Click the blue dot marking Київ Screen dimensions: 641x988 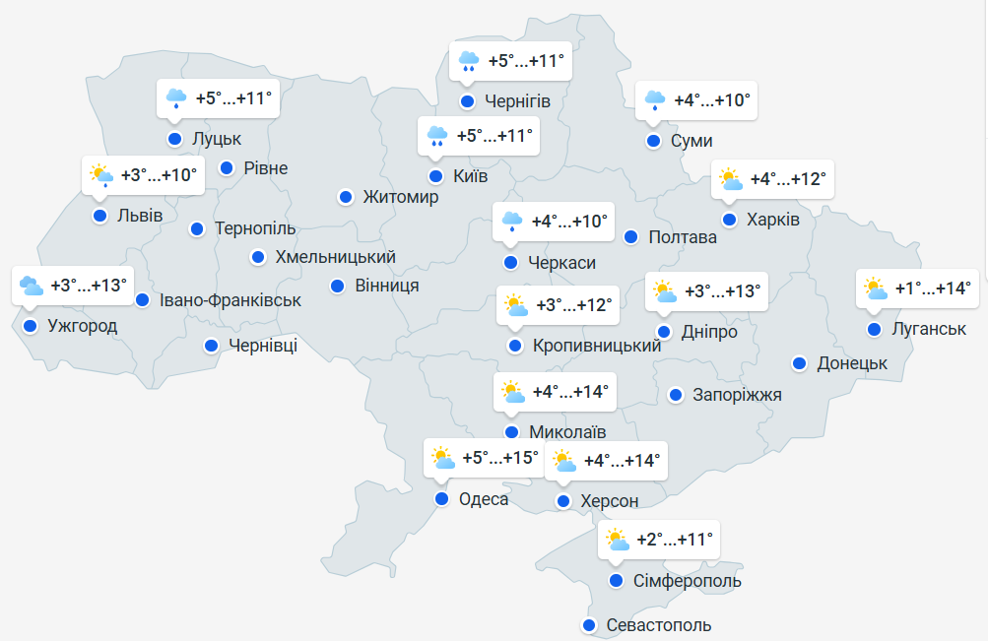pos(435,177)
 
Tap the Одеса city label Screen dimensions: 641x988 pos(484,499)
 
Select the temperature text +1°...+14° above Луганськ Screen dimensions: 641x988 pos(932,288)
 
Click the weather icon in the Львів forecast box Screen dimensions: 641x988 pos(101,175)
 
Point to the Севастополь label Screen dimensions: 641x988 pos(658,625)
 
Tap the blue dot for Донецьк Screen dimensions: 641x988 pos(800,363)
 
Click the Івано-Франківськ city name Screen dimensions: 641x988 pos(231,299)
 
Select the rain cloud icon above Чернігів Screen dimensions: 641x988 pos(469,62)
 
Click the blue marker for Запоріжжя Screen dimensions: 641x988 pos(676,395)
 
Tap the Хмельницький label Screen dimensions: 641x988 pos(335,257)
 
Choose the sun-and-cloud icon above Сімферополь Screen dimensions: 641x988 pos(617,540)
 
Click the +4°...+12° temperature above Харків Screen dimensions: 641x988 pos(787,180)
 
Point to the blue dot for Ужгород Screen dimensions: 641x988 pos(30,326)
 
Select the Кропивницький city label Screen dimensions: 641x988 pos(596,346)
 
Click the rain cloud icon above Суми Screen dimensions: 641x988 pos(654,100)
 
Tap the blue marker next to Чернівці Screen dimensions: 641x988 pos(211,346)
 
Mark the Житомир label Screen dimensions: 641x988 pos(400,197)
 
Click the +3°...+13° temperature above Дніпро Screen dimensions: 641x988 pos(722,291)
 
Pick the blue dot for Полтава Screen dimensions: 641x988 pos(631,236)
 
